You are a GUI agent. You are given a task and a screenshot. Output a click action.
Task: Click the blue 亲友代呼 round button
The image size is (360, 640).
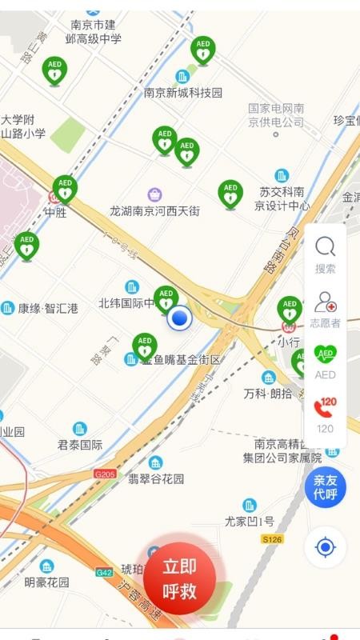coord(325,486)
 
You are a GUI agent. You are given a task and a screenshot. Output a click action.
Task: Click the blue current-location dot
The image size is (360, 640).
coord(182,318)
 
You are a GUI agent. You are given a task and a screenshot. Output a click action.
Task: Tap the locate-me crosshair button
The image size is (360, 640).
coord(325,547)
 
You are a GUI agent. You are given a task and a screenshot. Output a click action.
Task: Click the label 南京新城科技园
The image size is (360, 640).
coord(183,93)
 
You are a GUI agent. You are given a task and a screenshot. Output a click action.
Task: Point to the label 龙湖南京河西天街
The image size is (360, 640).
coord(154,211)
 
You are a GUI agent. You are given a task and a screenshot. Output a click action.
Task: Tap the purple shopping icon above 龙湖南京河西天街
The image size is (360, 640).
coord(154,194)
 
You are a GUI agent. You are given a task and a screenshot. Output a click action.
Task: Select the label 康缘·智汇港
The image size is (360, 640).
coord(48,308)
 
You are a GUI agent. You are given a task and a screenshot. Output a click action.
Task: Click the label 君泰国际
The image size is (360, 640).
coord(80,445)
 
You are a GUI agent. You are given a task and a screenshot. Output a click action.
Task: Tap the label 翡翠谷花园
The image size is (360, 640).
coord(156,478)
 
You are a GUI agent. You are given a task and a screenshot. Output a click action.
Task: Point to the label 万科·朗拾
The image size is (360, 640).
coord(268,394)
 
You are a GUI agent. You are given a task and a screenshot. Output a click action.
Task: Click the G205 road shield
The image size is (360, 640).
coord(105,474)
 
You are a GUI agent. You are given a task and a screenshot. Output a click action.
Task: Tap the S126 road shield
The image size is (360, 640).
coord(273,540)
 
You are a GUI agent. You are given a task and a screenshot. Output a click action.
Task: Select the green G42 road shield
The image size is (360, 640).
coord(104,572)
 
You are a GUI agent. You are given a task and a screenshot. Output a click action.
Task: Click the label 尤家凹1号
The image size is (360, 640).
coord(250,521)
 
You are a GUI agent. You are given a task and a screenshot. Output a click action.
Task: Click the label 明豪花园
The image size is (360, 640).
coord(46,582)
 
